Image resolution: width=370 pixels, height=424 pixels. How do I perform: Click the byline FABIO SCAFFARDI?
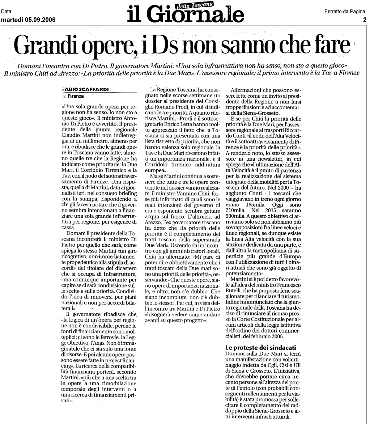(x=80, y=89)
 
